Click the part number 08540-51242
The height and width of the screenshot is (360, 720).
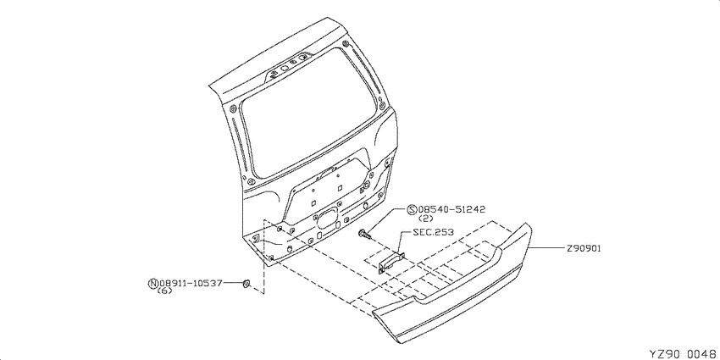pyautogui.click(x=451, y=210)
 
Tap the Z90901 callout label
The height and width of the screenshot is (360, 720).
pyautogui.click(x=584, y=248)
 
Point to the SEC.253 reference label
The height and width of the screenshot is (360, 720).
pyautogui.click(x=433, y=232)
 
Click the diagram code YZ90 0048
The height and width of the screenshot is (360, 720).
pyautogui.click(x=684, y=353)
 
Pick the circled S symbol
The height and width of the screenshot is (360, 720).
pyautogui.click(x=412, y=210)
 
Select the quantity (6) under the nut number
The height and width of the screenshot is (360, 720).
pyautogui.click(x=164, y=291)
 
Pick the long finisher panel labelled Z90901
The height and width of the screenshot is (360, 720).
pyautogui.click(x=452, y=285)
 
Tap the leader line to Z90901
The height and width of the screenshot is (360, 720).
pyautogui.click(x=546, y=248)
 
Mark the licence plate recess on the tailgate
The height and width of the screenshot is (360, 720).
pyautogui.click(x=326, y=187)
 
